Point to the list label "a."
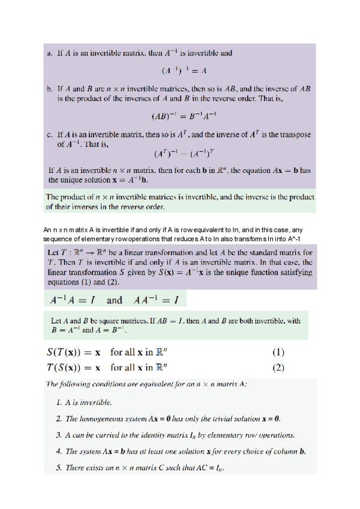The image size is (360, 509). pos(50,53)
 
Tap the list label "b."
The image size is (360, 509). pos(50,88)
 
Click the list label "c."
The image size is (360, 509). pos(50,135)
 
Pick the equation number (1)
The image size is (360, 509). pos(278,352)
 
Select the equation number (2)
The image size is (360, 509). pos(278,367)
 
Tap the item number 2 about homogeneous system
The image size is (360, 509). pos(58,418)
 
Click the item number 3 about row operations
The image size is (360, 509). pos(58,434)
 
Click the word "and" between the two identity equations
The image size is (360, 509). pos(114,300)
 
